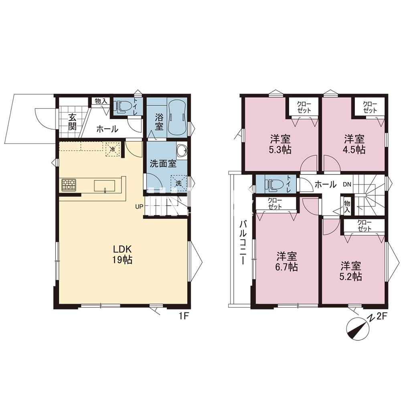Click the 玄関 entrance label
point(72,122)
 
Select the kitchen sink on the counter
point(104,186)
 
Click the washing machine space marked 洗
point(178,183)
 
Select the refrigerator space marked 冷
point(112,149)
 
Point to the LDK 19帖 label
point(122,254)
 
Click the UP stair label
point(140,207)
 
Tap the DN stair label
point(347,184)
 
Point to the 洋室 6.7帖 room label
point(287,261)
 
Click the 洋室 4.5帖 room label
point(354,144)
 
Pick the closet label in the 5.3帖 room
point(304,107)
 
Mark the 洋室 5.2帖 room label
point(351,271)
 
